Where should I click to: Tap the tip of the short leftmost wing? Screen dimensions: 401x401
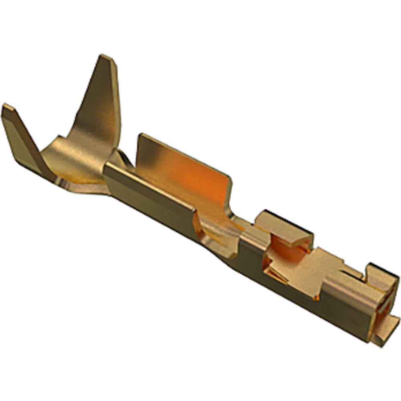6,107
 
